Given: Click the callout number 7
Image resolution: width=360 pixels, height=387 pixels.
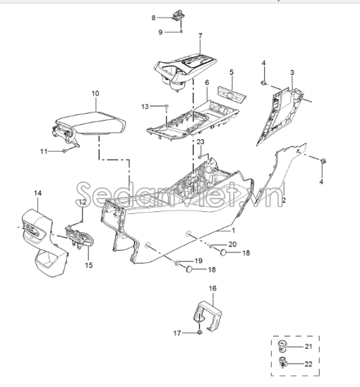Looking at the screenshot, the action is (x=200, y=36).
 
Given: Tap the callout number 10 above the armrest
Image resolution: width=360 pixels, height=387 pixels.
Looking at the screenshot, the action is (x=95, y=93).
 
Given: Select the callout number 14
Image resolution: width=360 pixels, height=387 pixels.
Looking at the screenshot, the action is (x=37, y=194).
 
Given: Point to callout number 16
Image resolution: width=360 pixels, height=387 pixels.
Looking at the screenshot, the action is (x=212, y=288).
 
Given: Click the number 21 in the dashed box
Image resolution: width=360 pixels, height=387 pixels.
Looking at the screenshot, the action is (x=308, y=347).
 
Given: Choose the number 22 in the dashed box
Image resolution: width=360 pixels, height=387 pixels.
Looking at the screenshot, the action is (x=308, y=364).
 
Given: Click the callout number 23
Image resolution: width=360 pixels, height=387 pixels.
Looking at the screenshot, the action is (x=200, y=142).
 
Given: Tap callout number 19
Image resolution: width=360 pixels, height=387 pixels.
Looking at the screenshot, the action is (x=198, y=261).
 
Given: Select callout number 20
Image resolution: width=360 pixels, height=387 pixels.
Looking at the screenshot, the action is (x=232, y=244).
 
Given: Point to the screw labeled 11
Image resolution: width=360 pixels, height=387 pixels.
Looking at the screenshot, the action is (x=64, y=150).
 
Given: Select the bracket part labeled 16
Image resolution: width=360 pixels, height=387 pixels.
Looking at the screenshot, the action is (x=207, y=316).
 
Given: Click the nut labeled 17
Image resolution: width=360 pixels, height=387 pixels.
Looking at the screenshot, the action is (x=199, y=333).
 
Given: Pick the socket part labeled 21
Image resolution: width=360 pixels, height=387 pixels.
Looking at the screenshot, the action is (x=282, y=345).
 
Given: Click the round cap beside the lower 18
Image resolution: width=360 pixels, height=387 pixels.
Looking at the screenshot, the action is (x=189, y=269).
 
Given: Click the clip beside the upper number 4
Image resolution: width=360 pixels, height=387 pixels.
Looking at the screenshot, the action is (x=263, y=83).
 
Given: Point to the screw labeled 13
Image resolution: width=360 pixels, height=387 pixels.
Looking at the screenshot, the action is (x=167, y=107).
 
